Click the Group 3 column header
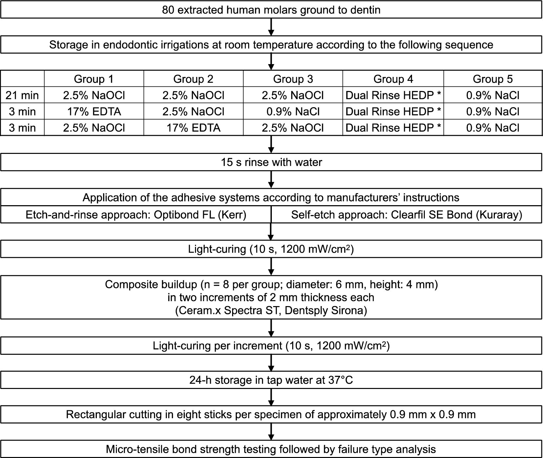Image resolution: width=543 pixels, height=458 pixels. [293, 79]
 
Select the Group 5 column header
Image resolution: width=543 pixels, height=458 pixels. [492, 79]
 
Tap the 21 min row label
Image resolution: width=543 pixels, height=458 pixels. [22, 95]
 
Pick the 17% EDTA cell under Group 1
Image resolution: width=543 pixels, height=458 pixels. [94, 111]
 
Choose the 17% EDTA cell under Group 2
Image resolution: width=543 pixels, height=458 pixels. [193, 128]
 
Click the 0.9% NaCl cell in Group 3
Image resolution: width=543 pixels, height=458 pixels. [293, 111]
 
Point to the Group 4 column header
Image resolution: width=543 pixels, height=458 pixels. [393, 79]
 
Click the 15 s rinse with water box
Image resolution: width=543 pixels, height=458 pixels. [271, 162]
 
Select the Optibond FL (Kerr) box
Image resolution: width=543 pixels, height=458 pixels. [136, 215]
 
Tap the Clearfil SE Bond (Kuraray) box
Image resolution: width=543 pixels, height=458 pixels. [406, 215]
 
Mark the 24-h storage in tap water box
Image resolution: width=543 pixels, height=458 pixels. [271, 380]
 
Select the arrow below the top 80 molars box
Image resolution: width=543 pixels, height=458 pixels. [271, 27]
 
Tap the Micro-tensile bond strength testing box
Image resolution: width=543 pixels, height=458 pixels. [271, 449]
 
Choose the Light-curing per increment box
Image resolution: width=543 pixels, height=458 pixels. [271, 346]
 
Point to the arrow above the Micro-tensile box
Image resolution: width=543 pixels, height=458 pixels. [271, 432]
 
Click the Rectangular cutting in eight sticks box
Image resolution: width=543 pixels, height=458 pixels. [271, 414]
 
